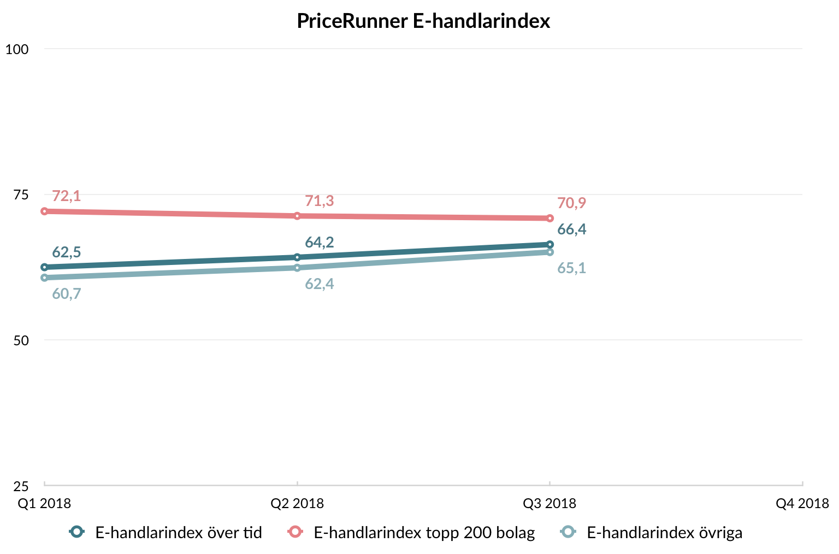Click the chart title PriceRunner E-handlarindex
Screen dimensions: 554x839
[423, 21]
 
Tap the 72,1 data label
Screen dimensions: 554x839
[66, 196]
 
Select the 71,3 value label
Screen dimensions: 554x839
[319, 201]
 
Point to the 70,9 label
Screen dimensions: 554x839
[571, 203]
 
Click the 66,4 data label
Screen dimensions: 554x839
[571, 229]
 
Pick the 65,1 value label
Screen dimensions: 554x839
[571, 268]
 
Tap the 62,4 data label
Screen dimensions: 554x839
[319, 284]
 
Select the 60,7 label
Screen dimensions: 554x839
[66, 294]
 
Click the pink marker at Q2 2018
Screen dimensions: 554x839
[297, 216]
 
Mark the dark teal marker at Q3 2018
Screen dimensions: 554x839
[550, 245]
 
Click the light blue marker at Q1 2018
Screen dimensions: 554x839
[44, 278]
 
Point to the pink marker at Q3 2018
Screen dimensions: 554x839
[550, 219]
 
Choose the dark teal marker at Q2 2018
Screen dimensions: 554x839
[297, 257]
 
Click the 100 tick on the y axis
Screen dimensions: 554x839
[17, 49]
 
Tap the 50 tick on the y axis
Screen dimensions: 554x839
[21, 340]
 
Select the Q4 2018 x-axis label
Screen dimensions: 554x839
[802, 504]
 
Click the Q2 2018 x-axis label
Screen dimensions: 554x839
[297, 504]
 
